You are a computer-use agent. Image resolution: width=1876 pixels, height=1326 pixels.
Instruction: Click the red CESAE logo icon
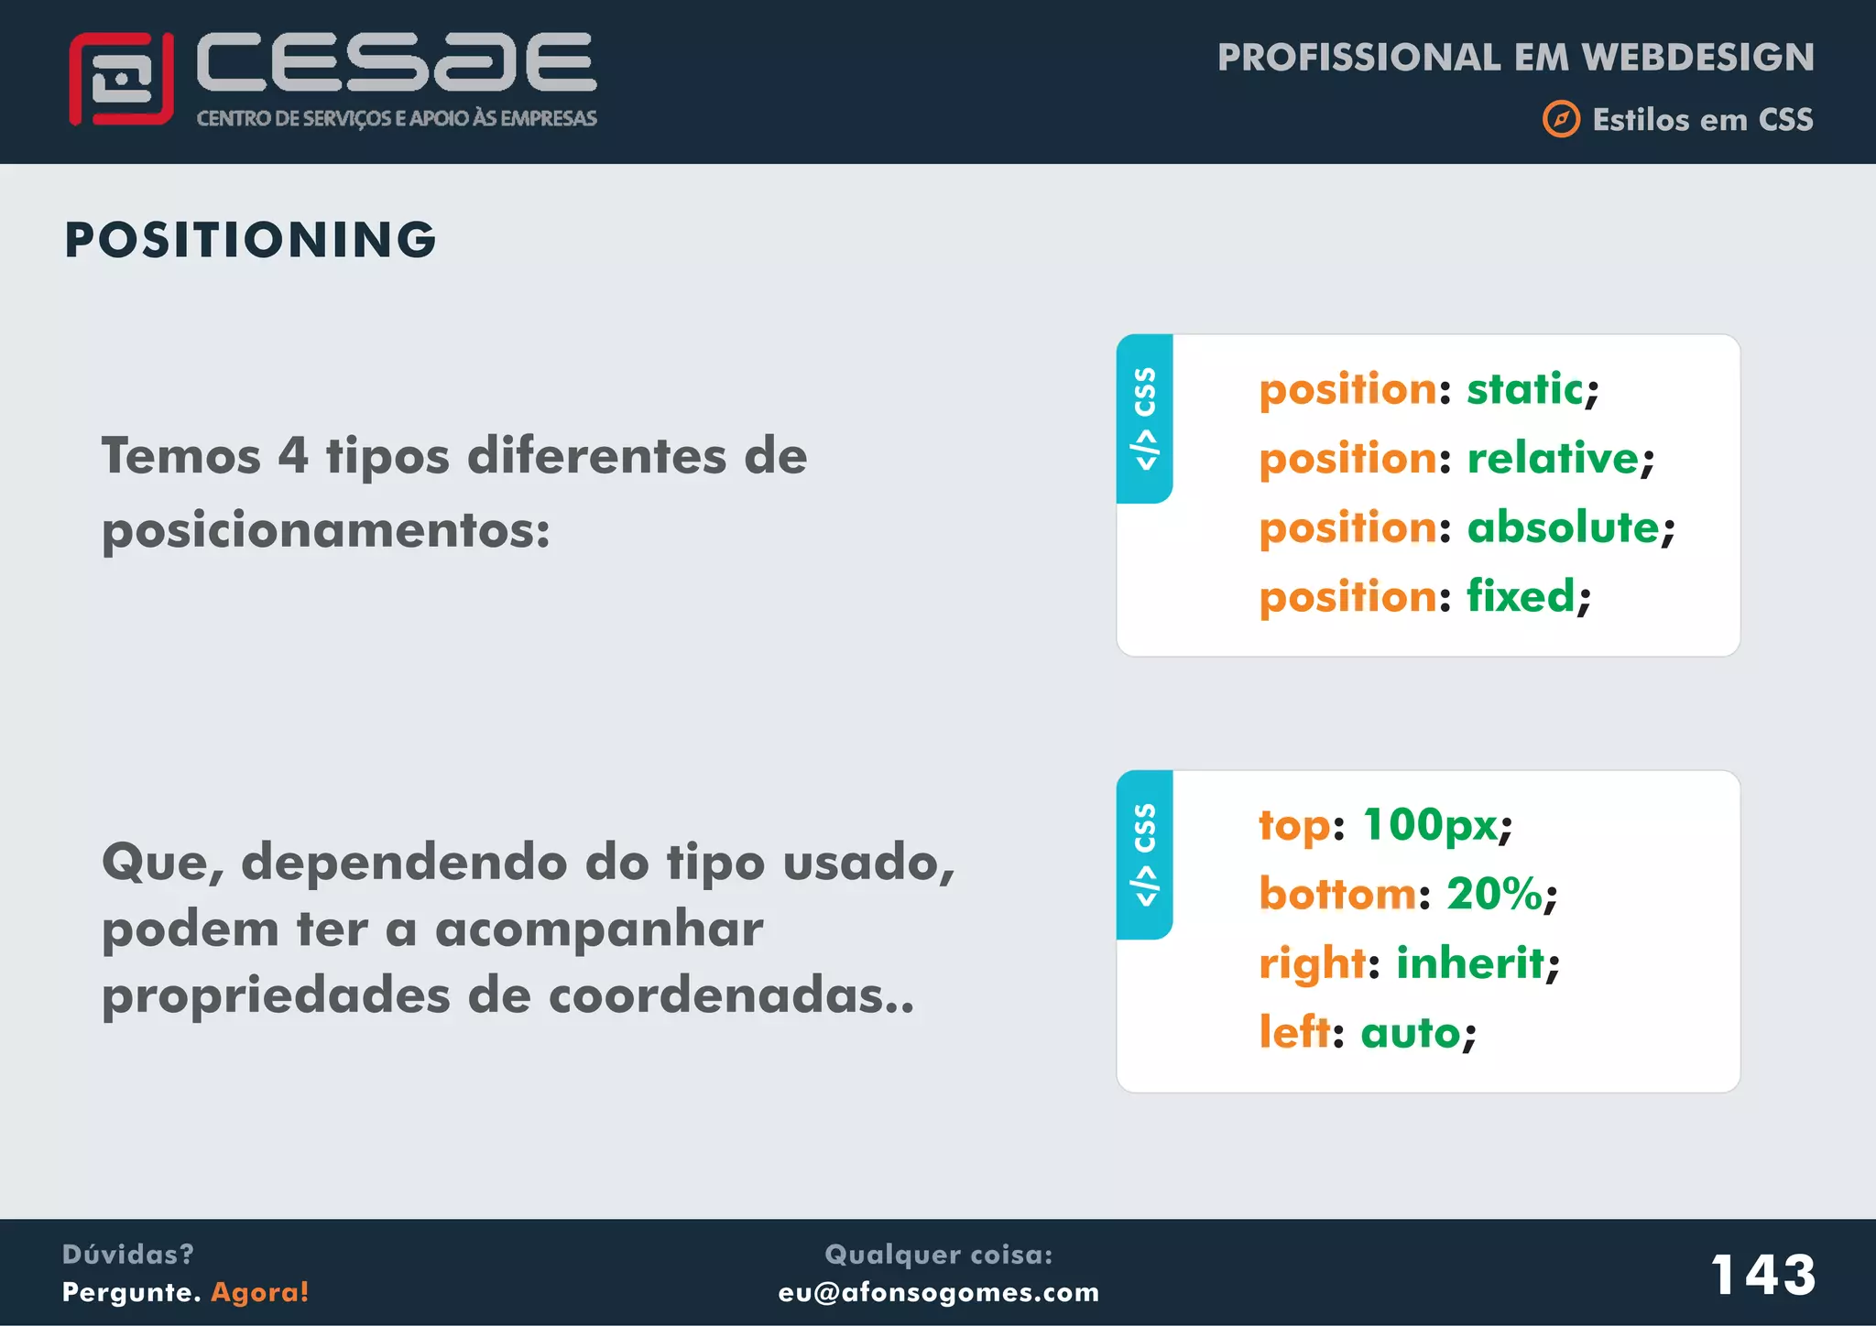pos(121,79)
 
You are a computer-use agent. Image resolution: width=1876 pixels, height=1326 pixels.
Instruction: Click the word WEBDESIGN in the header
pos(1697,58)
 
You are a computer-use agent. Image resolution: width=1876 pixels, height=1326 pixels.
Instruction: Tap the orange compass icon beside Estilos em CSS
pos(1561,119)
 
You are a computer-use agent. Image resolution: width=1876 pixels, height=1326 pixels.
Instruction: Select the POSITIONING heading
pos(250,240)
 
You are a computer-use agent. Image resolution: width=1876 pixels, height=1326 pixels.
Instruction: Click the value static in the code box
pos(1524,389)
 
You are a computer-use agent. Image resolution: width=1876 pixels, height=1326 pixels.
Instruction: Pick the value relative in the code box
pos(1553,458)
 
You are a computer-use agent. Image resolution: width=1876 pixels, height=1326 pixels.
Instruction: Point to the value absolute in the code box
pos(1563,527)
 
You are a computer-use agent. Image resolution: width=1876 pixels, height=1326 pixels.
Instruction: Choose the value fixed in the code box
pos(1521,596)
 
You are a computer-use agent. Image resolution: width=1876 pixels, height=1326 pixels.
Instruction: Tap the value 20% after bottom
pos(1494,894)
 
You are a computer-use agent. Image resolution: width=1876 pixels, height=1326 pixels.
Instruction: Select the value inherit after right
pos(1470,963)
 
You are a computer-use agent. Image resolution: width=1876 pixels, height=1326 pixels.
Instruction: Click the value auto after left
pos(1411,1033)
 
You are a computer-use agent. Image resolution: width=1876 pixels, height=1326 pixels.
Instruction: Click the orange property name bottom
pos(1337,894)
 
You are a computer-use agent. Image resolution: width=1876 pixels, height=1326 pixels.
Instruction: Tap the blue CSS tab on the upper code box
pos(1144,418)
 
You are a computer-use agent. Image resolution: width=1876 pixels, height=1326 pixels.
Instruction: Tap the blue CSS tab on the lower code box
pos(1144,854)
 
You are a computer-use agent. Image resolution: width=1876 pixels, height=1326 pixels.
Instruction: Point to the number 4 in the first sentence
pos(293,455)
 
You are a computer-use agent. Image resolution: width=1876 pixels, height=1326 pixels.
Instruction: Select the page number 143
pos(1762,1274)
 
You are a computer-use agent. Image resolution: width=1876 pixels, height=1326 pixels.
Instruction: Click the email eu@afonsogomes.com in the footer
pos(938,1292)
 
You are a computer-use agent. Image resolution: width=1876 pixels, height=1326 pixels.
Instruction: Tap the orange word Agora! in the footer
pos(260,1292)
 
